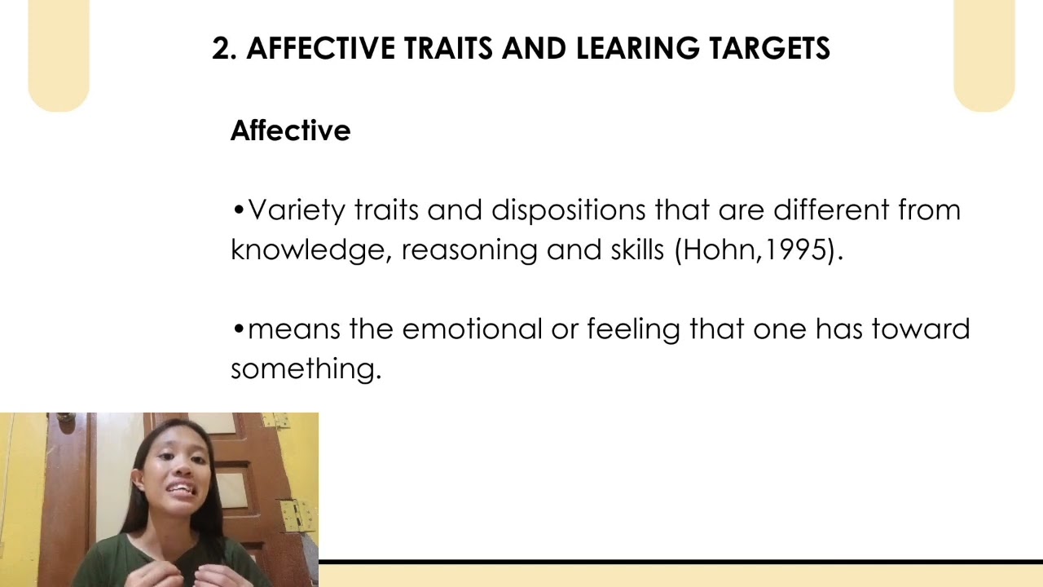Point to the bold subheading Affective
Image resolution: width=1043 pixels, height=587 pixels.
(290, 130)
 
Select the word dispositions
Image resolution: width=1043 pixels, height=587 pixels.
(569, 210)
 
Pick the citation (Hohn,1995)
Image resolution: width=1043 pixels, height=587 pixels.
(758, 249)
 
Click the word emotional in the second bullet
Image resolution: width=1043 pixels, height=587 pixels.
(471, 329)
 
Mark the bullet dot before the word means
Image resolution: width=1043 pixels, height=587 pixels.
(238, 329)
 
